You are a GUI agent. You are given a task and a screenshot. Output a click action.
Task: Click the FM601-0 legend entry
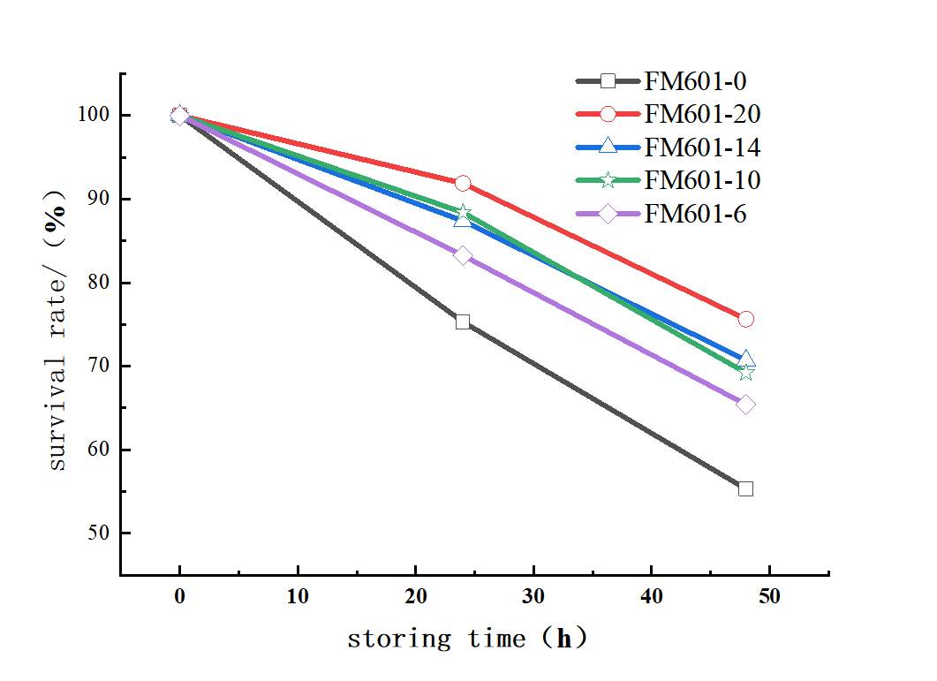695,82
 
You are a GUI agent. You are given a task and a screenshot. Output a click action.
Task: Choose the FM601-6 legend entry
695,213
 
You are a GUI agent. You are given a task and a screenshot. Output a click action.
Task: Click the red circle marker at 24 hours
463,184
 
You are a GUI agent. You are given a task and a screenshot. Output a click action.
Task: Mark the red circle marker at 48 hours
745,319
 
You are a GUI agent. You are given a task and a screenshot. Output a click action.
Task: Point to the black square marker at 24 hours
463,322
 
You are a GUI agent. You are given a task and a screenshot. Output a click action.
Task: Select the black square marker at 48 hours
745,488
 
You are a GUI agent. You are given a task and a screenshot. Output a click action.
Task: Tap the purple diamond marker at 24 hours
463,255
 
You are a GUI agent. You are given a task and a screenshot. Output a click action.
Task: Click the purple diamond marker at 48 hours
745,405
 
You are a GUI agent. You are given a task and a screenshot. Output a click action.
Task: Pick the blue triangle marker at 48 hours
745,359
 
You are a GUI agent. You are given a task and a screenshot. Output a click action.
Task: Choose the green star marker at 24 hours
463,213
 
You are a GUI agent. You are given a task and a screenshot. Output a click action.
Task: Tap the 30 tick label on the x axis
533,596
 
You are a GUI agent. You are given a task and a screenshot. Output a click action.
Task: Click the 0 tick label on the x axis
179,596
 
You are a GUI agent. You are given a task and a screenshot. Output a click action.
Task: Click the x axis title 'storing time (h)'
466,639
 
